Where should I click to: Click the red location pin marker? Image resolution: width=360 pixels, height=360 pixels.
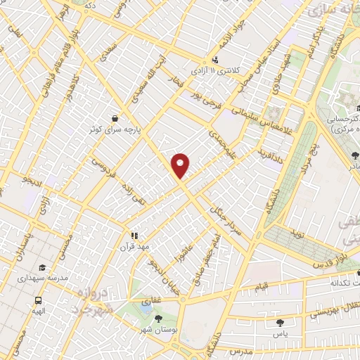(181, 165)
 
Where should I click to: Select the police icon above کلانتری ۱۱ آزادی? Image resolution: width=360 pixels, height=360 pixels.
(215, 60)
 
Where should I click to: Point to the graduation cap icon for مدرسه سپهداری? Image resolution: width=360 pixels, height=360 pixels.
(43, 268)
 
